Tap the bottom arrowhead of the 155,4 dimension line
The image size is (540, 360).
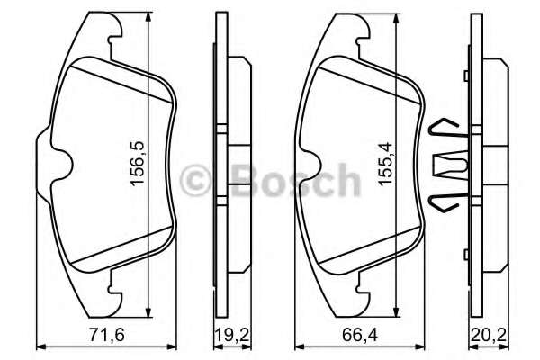[400, 309]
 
